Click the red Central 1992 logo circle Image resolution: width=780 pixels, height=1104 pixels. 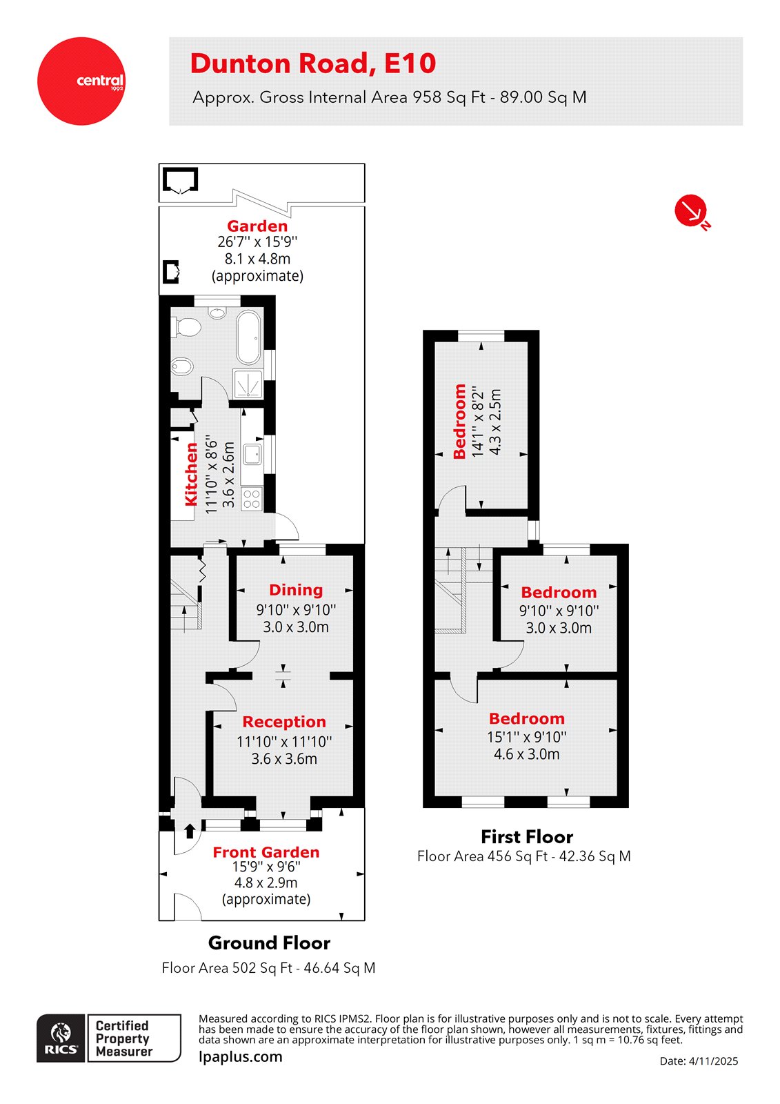point(81,81)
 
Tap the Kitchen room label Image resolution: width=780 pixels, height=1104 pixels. point(191,474)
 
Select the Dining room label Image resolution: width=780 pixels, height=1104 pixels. point(296,590)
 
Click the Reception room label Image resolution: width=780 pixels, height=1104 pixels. point(284,722)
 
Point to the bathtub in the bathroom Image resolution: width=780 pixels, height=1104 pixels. point(249,337)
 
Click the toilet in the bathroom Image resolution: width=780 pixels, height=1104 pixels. point(186,326)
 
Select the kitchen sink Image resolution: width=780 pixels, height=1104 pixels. point(252,454)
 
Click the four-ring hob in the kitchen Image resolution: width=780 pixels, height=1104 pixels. point(252,498)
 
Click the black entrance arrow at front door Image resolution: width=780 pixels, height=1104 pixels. point(190,830)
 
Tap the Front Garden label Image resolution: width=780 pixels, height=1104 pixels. point(266,852)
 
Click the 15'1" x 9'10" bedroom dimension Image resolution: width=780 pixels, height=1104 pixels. point(527,737)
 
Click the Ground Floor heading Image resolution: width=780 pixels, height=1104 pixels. point(269,943)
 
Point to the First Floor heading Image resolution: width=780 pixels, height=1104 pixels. point(527,837)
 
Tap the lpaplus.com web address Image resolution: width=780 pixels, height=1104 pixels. point(241,1056)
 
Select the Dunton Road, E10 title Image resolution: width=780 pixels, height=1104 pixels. point(313,63)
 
